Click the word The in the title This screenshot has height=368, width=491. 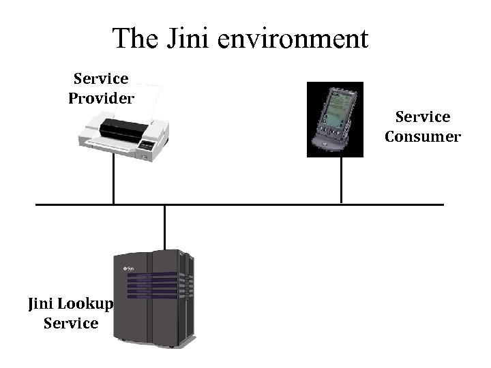(136, 39)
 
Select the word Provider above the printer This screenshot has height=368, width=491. (101, 98)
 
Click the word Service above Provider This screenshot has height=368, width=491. (101, 79)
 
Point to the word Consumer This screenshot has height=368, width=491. (423, 136)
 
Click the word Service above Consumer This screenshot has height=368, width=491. (423, 117)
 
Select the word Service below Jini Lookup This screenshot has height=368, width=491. (71, 323)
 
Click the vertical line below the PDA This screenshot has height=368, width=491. (341, 181)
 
